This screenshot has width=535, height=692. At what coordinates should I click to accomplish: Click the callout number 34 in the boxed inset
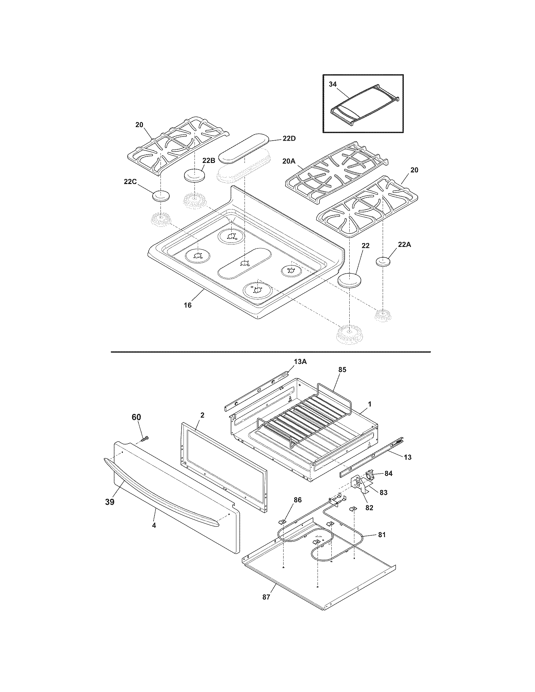[x=332, y=84]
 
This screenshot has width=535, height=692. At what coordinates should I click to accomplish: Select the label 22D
[x=289, y=139]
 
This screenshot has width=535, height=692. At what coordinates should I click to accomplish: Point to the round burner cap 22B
[x=194, y=176]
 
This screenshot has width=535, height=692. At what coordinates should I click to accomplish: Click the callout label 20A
[x=289, y=161]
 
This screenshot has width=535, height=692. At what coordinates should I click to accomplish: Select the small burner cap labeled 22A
[x=383, y=262]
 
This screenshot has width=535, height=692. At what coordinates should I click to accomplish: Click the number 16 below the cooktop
[x=188, y=305]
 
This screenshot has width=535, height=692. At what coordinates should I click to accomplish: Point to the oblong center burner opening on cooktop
[x=245, y=264]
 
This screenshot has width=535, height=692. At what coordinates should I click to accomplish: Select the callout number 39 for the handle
[x=110, y=502]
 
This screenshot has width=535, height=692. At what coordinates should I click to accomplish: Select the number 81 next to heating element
[x=382, y=534]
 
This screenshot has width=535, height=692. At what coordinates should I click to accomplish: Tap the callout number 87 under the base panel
[x=266, y=597]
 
